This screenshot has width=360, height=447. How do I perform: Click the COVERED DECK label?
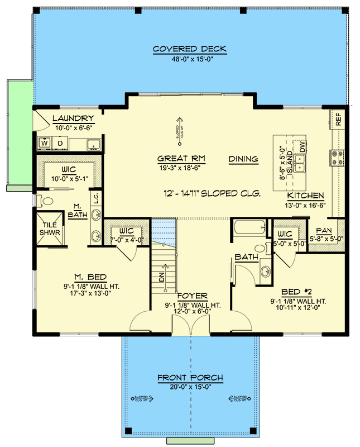[x=190, y=49]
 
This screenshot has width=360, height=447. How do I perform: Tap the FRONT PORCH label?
[x=190, y=378]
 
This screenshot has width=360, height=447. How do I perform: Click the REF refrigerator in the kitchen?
[x=338, y=118]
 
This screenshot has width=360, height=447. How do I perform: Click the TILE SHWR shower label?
[x=50, y=229]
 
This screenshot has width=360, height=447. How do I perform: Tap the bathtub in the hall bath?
[x=248, y=228]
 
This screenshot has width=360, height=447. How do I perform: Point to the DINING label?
[x=243, y=159]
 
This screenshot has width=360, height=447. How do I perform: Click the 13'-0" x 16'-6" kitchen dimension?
[x=305, y=205]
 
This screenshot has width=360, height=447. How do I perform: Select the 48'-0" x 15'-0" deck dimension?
[x=190, y=59]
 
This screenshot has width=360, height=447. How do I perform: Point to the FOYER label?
[x=191, y=296]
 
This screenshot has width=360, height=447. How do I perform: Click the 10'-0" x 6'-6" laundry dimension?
[x=73, y=127]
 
